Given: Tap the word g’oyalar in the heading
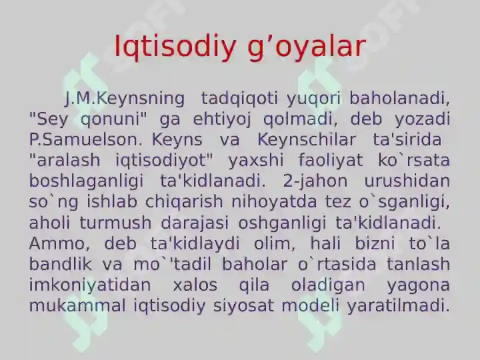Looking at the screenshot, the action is tap(307, 48).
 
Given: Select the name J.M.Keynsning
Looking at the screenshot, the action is tap(125, 99).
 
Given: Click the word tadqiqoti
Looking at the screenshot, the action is tap(239, 99).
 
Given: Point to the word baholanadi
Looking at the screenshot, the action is tap(400, 99).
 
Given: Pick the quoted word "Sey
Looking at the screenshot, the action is tap(49, 119).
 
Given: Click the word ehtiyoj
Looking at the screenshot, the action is tap(222, 119).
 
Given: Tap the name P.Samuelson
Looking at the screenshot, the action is tap(86, 139).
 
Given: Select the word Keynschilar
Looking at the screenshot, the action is tap(307, 140).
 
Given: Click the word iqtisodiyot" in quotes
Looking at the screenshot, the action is tap(164, 160).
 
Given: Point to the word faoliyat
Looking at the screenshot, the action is tap(331, 160).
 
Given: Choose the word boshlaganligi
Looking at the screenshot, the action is tap(86, 181).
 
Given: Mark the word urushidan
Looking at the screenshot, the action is tap(407, 181).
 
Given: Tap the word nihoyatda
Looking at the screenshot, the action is tap(274, 202).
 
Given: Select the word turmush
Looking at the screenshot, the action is tap(116, 223).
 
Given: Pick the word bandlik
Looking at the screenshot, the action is tap(61, 264).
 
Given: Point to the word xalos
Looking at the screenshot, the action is tap(195, 285).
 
